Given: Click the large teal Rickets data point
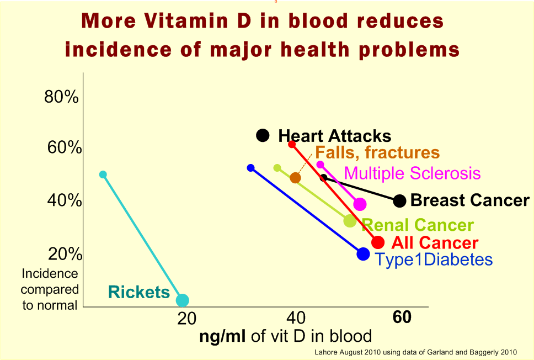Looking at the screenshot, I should point(182,300).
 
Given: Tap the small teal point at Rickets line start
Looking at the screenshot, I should point(103,174).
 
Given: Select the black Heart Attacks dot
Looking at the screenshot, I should point(263,135).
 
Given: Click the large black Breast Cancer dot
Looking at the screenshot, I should point(400,201).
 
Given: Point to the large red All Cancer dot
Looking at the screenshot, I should point(378,242).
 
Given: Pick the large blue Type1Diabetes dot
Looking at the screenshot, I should point(363,254).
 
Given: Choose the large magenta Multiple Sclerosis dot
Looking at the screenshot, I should point(360,204).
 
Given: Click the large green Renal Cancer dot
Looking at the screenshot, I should point(350,221).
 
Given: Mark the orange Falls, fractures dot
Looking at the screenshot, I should point(295,178).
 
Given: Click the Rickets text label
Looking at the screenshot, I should point(139,292).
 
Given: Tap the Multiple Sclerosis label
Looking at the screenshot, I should point(412,173).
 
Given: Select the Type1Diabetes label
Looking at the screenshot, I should point(434,260).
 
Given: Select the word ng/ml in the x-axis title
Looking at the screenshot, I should point(223,336).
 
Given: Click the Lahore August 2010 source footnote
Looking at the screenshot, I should point(415,351).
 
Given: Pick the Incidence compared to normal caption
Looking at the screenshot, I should point(50,289).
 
